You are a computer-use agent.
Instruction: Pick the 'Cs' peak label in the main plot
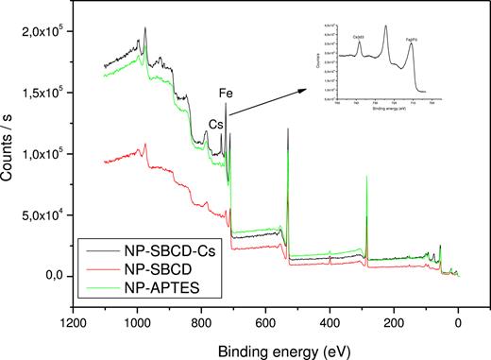[x=216, y=123]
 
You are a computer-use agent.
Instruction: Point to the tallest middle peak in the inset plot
[x=386, y=27]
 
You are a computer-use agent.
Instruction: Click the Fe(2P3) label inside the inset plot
[x=412, y=40]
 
